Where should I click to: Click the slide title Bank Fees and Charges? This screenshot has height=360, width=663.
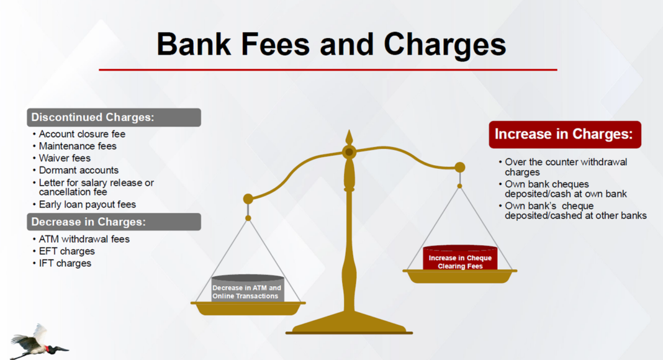[x=331, y=45]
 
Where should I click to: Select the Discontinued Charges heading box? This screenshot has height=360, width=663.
[x=114, y=117]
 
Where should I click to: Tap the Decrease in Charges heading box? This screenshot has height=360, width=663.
[x=114, y=222]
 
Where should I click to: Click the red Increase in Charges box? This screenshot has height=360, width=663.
[x=565, y=134]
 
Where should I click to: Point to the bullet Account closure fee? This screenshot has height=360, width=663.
[x=82, y=134]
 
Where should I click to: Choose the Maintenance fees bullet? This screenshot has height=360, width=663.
[x=78, y=146]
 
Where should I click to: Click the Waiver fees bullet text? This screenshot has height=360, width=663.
[x=65, y=158]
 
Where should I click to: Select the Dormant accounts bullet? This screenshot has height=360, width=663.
[x=79, y=170]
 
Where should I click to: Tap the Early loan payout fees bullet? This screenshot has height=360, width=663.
[x=87, y=204]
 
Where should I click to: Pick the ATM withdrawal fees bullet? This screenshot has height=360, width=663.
[x=84, y=239]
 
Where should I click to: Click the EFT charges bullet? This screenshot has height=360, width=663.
[x=67, y=251]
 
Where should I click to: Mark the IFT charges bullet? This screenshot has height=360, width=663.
[x=65, y=263]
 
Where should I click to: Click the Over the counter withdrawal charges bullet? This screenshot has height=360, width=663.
[x=566, y=167]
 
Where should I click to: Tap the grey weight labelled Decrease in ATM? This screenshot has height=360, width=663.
[x=247, y=289]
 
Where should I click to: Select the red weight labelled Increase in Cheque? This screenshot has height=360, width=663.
[x=460, y=258]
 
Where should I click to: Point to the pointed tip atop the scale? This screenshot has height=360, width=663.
[x=350, y=130]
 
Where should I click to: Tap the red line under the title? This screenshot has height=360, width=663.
[x=328, y=70]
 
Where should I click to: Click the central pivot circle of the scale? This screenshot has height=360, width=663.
[x=350, y=151]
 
